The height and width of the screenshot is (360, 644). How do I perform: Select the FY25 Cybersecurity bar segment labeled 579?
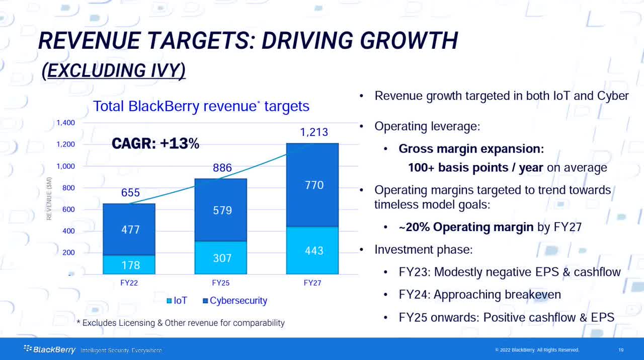(x=222, y=210)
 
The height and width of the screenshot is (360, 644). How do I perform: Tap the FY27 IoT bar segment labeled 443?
(x=312, y=250)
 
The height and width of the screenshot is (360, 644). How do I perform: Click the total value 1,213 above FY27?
(x=314, y=132)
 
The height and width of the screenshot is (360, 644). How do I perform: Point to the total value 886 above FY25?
(x=222, y=168)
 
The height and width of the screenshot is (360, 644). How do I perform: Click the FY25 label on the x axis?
(x=221, y=283)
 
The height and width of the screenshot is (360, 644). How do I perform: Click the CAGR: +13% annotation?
(x=155, y=144)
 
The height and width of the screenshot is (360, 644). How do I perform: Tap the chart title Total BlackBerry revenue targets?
(x=201, y=106)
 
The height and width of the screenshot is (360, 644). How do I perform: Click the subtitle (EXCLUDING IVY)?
(x=114, y=71)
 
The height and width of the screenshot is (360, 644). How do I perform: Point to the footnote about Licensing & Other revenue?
(x=180, y=323)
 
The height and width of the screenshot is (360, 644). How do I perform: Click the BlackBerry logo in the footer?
(x=49, y=350)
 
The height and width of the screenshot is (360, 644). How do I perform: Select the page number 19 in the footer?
(x=621, y=350)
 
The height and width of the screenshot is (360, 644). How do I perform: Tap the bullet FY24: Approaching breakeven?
(x=479, y=295)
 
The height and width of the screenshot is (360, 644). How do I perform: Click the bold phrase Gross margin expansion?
(x=471, y=149)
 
